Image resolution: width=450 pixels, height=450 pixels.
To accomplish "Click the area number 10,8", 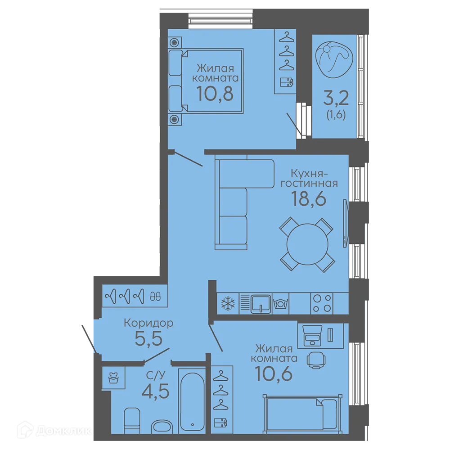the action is (x=215, y=94).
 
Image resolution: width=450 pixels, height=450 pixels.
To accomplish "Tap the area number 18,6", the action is (x=309, y=198).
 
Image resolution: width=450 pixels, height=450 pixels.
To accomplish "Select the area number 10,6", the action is (x=274, y=373).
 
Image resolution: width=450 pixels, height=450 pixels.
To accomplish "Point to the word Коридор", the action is (x=148, y=323).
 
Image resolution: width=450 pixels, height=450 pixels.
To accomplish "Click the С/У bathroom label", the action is (x=156, y=375).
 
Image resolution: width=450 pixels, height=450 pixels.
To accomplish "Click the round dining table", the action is (x=307, y=244).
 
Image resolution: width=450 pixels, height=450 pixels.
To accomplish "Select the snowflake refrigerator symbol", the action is (x=228, y=303).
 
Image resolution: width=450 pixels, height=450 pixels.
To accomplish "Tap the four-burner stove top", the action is (x=321, y=303).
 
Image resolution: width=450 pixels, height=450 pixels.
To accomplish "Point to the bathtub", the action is (x=192, y=400).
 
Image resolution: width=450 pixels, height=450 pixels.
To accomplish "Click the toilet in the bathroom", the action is (x=132, y=421).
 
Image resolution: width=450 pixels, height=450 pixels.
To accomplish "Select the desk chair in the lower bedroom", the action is (x=316, y=360).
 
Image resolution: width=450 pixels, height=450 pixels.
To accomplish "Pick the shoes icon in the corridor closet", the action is (x=155, y=296).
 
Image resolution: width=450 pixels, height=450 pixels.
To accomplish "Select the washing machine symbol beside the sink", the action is (x=280, y=303).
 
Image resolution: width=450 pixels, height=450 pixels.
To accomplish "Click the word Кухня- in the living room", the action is (x=309, y=173).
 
